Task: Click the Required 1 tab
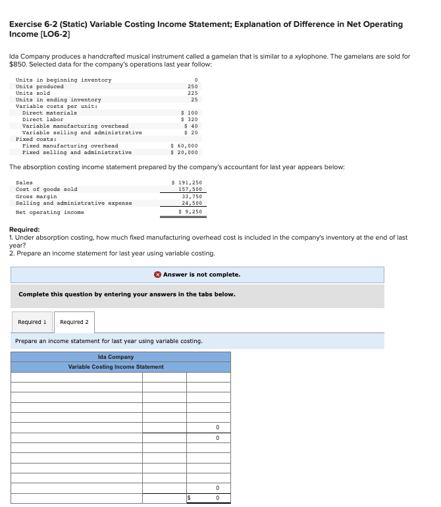pyautogui.click(x=32, y=322)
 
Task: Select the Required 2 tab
pyautogui.click(x=74, y=322)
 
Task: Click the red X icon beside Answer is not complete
pyautogui.click(x=158, y=275)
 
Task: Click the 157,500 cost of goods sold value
pyautogui.click(x=190, y=189)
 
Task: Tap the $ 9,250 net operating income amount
pyautogui.click(x=190, y=212)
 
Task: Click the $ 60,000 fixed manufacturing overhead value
pyautogui.click(x=184, y=146)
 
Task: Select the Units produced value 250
pyautogui.click(x=193, y=86)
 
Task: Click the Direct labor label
pyautogui.click(x=43, y=119)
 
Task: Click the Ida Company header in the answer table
pyautogui.click(x=115, y=357)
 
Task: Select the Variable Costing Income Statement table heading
pyautogui.click(x=116, y=367)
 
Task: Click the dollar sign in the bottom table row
pyautogui.click(x=190, y=498)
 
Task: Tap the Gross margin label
pyautogui.click(x=36, y=196)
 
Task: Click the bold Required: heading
pyautogui.click(x=24, y=229)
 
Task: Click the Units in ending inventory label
pyautogui.click(x=59, y=99)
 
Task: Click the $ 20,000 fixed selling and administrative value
pyautogui.click(x=184, y=152)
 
